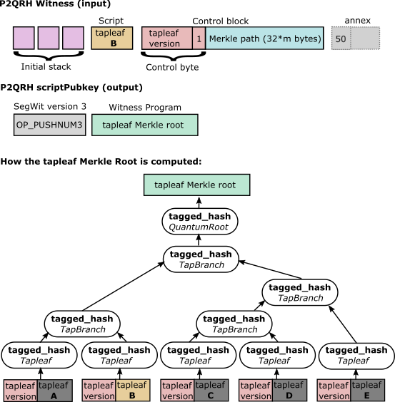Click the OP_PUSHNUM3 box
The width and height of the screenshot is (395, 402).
(49, 125)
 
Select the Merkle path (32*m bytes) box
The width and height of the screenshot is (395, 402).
(264, 38)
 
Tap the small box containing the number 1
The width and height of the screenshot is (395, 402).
(199, 38)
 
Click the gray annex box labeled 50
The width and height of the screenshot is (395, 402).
(341, 38)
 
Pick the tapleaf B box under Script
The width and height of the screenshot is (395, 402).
(112, 38)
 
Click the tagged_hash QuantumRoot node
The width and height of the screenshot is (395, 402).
(200, 222)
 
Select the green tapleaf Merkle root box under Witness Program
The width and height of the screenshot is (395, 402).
(145, 125)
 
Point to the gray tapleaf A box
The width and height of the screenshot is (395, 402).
(55, 391)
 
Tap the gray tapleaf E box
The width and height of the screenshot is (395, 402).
(368, 391)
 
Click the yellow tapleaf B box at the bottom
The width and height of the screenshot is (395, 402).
(133, 391)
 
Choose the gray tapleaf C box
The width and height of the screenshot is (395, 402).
(211, 391)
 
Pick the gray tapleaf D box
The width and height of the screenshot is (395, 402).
(289, 391)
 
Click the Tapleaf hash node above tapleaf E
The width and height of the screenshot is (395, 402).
(356, 356)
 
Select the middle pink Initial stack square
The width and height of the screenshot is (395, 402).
(49, 38)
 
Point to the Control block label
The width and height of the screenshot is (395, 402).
(221, 21)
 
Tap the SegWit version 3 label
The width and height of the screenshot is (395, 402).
(50, 106)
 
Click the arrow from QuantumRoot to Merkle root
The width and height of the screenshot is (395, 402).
(199, 202)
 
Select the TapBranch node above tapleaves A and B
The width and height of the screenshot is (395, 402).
(82, 324)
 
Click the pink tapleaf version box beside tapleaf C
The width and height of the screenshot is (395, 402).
(177, 391)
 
